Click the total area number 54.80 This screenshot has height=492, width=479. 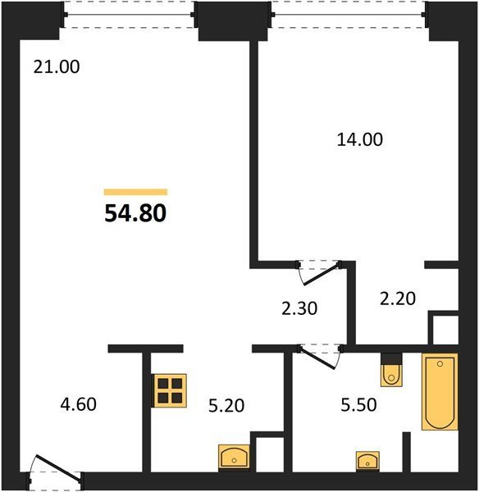(135, 213)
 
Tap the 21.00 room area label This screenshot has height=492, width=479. (57, 67)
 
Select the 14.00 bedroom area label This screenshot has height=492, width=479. (360, 139)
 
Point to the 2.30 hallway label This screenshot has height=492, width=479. (299, 308)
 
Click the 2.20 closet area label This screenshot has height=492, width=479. (398, 298)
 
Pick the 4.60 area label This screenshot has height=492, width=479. (79, 404)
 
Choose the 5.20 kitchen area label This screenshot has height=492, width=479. (226, 406)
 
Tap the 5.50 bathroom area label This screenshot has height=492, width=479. (358, 405)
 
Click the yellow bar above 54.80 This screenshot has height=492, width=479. (135, 192)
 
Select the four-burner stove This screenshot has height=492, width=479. (169, 390)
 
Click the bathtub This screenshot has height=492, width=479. (440, 392)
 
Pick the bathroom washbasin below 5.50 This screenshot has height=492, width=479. (367, 461)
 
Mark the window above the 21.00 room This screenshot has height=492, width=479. (129, 15)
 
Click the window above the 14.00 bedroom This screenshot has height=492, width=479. (349, 15)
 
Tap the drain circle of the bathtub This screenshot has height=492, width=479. (440, 364)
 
